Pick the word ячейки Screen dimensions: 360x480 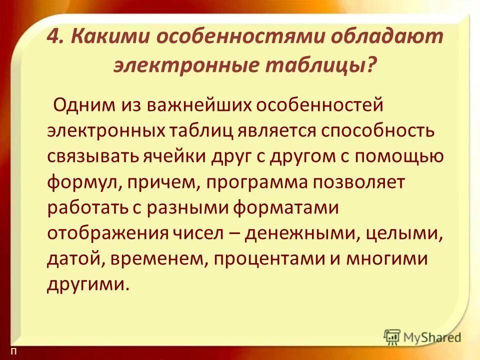coord(178,156)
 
